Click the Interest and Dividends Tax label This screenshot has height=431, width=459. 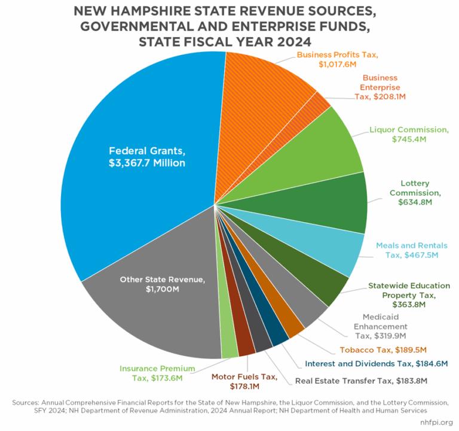pyautogui.click(x=377, y=363)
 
